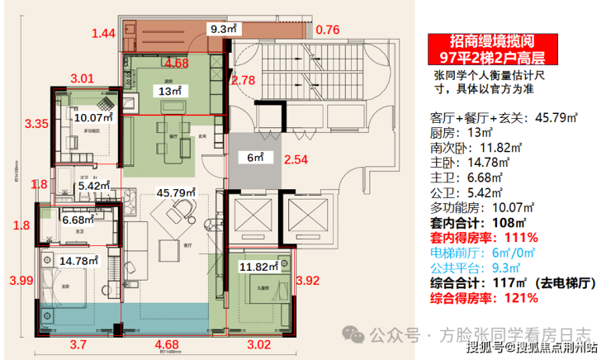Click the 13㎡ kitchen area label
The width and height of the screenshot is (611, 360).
click(171, 92)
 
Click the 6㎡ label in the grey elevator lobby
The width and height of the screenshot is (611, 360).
click(255, 157)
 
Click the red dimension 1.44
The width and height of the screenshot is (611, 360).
click(103, 34)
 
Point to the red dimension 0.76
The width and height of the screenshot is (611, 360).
click(328, 31)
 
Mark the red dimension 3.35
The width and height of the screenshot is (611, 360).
click(36, 125)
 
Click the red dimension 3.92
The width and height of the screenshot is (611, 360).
click(309, 280)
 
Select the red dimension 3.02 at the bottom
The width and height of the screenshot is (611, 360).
click(261, 345)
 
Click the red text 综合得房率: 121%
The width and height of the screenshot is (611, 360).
click(477, 297)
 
